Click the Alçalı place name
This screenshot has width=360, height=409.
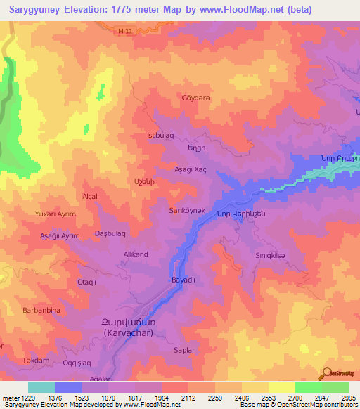pyautogui.click(x=92, y=196)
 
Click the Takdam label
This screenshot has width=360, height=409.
pyautogui.click(x=36, y=360)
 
